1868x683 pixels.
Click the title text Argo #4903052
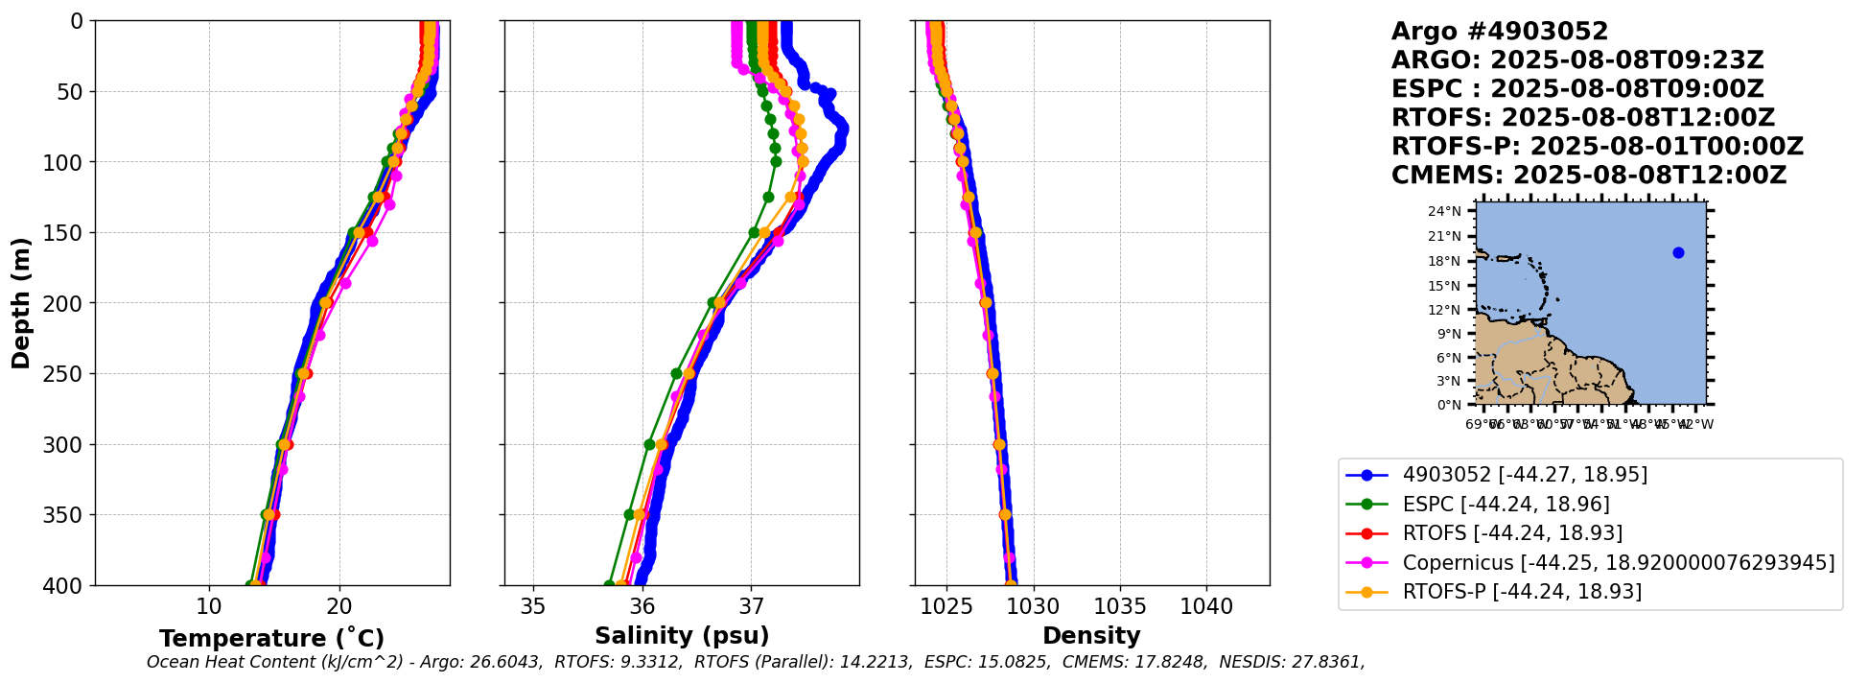pyautogui.click(x=1499, y=32)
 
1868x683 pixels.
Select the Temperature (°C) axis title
pyautogui.click(x=271, y=638)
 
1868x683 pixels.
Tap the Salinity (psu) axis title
pyautogui.click(x=682, y=636)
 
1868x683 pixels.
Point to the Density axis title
pyautogui.click(x=1091, y=636)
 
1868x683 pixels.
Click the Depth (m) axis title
pyautogui.click(x=21, y=303)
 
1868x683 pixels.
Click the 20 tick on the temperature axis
pyautogui.click(x=339, y=606)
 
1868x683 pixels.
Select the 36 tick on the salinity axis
pyautogui.click(x=642, y=606)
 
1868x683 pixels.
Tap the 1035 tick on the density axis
pyautogui.click(x=1120, y=606)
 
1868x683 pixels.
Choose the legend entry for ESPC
pyautogui.click(x=1506, y=504)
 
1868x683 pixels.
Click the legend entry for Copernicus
pyautogui.click(x=1618, y=562)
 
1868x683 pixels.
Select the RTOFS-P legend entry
pyautogui.click(x=1521, y=591)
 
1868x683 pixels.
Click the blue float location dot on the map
pyautogui.click(x=1678, y=252)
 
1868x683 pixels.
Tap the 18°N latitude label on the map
pyautogui.click(x=1446, y=261)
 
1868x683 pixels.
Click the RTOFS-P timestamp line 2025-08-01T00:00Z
pyautogui.click(x=1597, y=147)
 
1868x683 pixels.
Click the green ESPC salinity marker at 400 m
pyautogui.click(x=609, y=584)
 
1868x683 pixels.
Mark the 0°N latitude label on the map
pyautogui.click(x=1450, y=405)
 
